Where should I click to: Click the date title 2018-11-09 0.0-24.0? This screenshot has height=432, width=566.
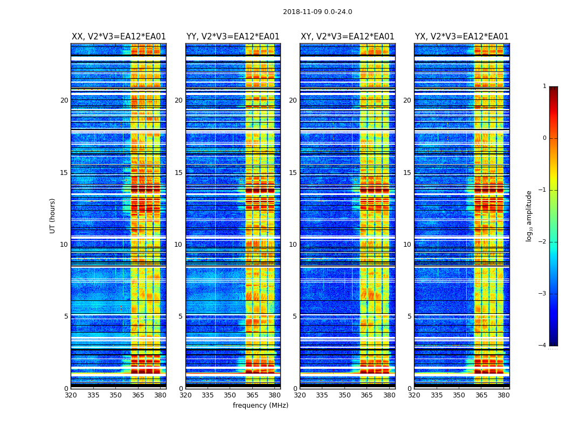(317, 12)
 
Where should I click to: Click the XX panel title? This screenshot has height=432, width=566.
(119, 37)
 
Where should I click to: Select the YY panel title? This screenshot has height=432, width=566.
(233, 37)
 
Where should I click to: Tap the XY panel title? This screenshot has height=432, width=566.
(348, 37)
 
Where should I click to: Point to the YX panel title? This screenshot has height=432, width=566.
(462, 37)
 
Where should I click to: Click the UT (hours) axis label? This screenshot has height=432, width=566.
(53, 215)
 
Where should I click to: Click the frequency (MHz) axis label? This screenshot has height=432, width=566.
(260, 406)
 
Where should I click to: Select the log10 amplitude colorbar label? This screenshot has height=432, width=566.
(529, 215)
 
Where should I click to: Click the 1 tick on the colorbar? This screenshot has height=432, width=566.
(544, 86)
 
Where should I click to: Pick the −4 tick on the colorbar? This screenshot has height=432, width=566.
(543, 346)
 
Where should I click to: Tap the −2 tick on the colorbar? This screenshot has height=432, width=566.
(543, 242)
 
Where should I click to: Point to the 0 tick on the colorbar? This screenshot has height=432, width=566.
(544, 138)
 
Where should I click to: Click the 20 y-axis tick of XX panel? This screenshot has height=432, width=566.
(64, 100)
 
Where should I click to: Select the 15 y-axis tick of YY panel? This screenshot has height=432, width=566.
(178, 173)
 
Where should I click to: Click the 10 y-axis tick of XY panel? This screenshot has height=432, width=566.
(293, 245)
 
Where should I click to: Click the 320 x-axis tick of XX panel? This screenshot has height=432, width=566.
(71, 395)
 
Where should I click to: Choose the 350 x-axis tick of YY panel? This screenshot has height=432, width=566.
(230, 395)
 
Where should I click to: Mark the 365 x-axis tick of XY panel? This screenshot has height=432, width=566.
(367, 395)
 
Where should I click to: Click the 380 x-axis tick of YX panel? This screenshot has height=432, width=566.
(503, 395)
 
